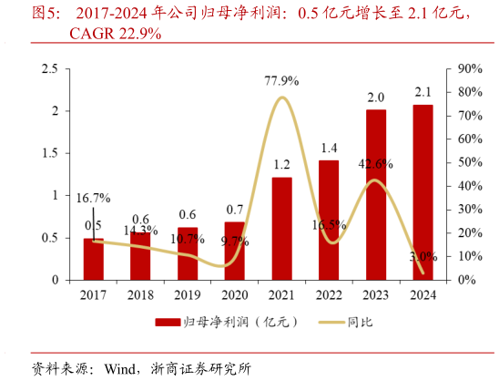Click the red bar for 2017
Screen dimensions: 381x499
pos(94,259)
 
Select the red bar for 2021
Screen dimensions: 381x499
pos(282,228)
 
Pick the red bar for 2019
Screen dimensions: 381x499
pos(188,252)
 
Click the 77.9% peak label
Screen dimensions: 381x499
pos(283,81)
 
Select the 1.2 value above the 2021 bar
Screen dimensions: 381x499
pos(282,165)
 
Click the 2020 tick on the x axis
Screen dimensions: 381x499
pos(234,295)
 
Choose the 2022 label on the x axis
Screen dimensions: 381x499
pos(329,295)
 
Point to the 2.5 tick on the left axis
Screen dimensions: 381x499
pos(50,69)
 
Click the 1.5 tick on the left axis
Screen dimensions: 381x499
pos(50,153)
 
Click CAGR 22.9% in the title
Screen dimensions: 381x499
pos(116,34)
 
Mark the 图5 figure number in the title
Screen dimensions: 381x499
pos(46,14)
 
